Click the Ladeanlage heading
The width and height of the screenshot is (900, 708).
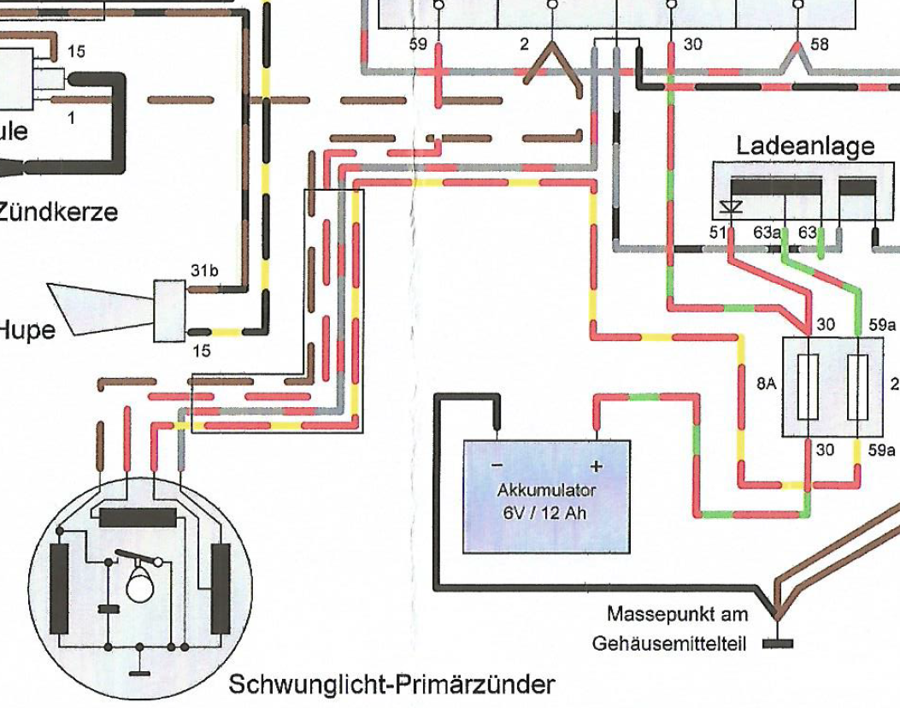pos(805,145)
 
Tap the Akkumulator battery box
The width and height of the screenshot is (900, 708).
pos(546,496)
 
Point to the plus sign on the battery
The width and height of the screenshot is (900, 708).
pos(597,466)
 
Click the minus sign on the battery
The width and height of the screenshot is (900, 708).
pos(497,466)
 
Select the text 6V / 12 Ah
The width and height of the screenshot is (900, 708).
pos(546,514)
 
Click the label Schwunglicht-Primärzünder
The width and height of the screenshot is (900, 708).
pos(391,684)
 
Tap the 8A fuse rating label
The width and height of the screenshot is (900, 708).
pos(767,386)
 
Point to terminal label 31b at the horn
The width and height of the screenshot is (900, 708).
pos(204,272)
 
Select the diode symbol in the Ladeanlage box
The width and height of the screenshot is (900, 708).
pos(730,207)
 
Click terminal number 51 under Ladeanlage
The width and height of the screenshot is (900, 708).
pos(717,233)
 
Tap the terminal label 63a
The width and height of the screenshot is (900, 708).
pos(767,233)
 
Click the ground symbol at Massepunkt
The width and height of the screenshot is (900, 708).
pos(777,642)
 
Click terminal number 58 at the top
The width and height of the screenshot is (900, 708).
pos(819,44)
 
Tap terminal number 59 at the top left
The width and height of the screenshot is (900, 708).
pos(418,44)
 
